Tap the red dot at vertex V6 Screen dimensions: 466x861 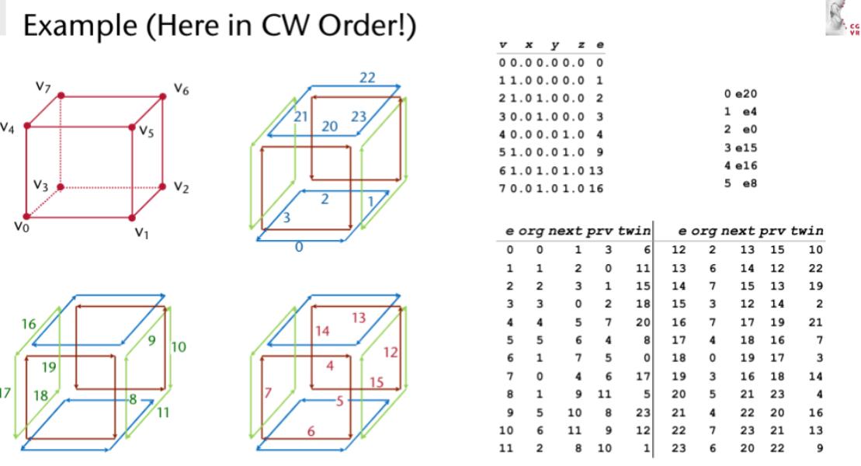(x=162, y=96)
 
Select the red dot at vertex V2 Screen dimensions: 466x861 (x=162, y=186)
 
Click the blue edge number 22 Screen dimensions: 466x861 (x=367, y=78)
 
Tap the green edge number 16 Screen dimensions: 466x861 (x=29, y=324)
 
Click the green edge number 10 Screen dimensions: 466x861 (x=178, y=346)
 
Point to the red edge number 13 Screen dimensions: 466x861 (x=358, y=318)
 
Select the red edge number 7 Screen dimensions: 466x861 (x=267, y=393)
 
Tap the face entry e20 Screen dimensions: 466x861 (x=740, y=93)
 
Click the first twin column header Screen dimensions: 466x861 (x=634, y=231)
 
